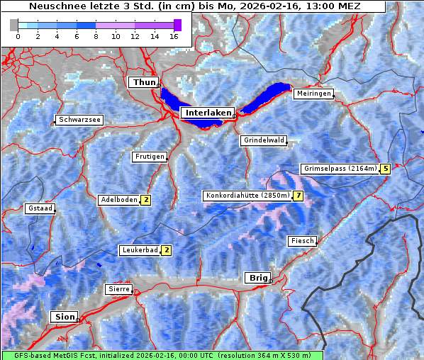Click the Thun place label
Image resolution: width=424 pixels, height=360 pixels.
point(144,83)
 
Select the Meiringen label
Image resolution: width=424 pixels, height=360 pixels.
point(313,94)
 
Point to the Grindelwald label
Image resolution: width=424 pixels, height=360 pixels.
point(264,140)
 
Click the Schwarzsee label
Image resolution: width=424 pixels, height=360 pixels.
point(80,120)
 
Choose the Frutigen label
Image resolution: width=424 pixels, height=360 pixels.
point(149,157)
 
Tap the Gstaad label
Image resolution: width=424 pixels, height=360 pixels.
point(40,208)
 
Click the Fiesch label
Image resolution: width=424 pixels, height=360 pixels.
point(302,241)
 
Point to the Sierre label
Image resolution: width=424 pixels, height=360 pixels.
point(118,289)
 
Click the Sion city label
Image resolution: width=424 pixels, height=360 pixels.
point(64,317)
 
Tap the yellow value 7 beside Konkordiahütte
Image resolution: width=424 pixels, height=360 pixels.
point(299,196)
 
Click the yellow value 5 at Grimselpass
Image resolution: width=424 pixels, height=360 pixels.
point(385,169)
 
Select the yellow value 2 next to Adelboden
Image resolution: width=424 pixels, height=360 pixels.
point(145,200)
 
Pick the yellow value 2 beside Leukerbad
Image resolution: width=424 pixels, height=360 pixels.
point(167,250)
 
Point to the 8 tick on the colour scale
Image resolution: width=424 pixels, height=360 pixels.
point(96,35)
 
